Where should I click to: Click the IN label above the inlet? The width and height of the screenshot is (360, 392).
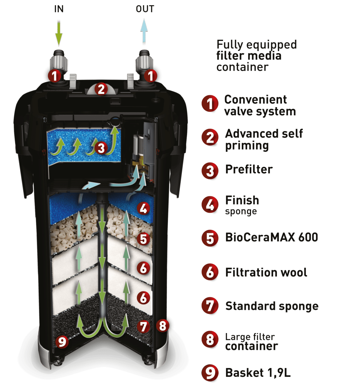[59, 9]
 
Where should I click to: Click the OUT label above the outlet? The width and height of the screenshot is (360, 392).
[145, 9]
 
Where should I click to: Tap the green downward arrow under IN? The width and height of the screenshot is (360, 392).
[59, 33]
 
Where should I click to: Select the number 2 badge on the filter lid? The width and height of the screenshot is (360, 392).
[101, 89]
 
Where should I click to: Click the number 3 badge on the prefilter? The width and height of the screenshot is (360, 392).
[101, 148]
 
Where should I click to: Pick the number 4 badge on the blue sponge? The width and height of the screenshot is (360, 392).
[144, 208]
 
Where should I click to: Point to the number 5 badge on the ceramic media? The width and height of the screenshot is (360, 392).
[144, 239]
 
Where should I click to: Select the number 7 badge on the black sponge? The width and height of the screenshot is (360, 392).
[144, 326]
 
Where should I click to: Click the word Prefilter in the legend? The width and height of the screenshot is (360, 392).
[249, 169]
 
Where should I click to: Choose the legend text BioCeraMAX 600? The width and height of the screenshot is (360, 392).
[271, 237]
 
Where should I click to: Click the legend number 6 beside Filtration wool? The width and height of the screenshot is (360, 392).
[210, 272]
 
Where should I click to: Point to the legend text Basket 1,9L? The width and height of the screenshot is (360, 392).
[258, 373]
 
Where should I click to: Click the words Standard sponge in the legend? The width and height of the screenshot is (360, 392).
[272, 306]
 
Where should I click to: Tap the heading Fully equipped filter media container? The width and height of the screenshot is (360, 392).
[256, 56]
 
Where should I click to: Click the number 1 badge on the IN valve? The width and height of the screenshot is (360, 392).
[55, 76]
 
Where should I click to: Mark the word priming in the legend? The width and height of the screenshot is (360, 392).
[247, 146]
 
